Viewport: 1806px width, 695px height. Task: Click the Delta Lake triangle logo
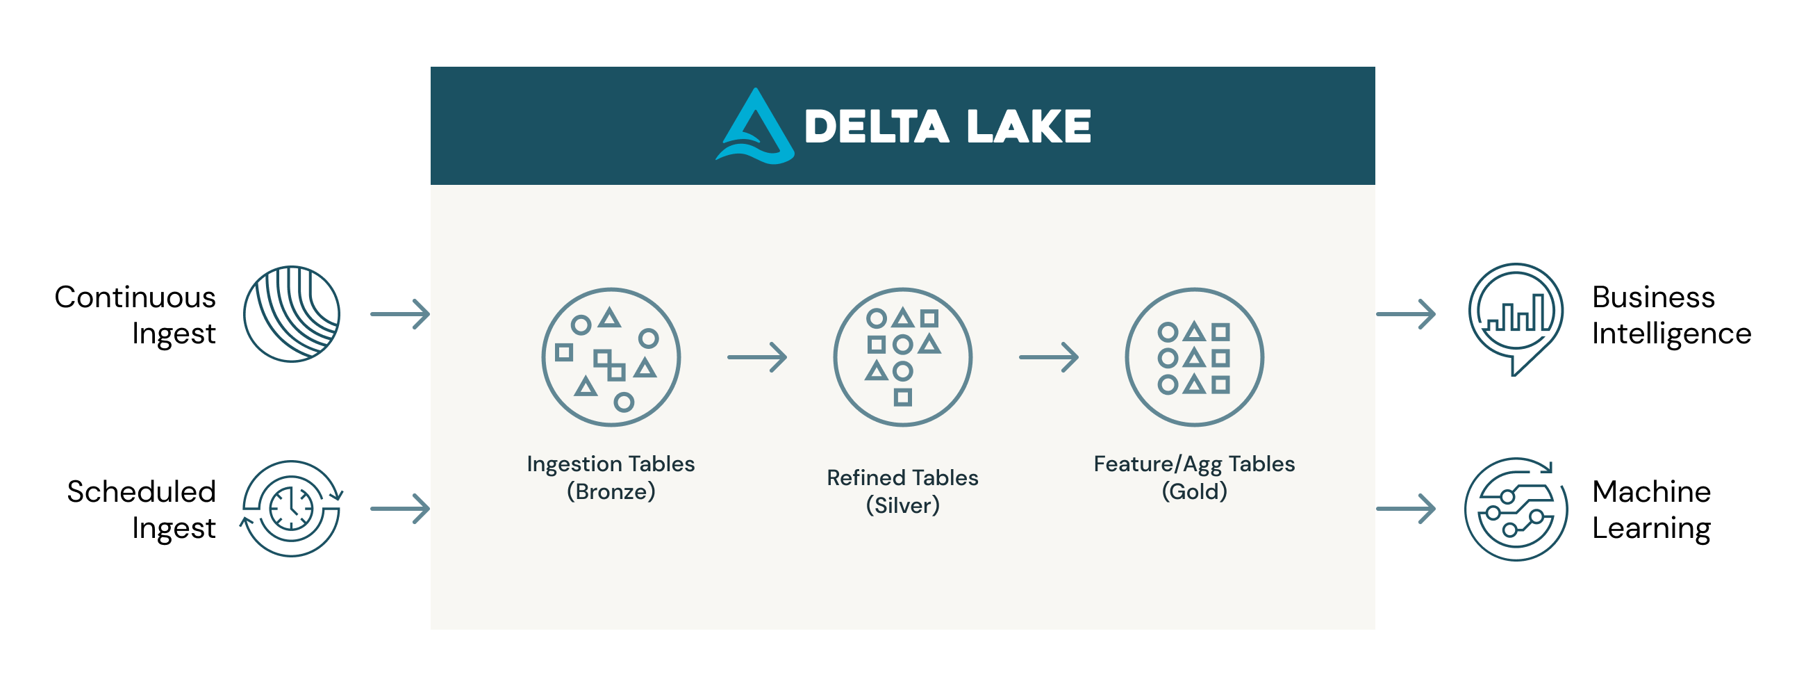click(755, 128)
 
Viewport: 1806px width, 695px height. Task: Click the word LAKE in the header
click(1029, 127)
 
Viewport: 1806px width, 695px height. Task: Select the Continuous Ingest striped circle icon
click(292, 314)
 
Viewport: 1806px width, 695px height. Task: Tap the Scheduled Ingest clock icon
click(292, 509)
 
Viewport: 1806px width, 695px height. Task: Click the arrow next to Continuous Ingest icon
click(400, 314)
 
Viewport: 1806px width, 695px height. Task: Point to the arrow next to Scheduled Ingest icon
click(400, 509)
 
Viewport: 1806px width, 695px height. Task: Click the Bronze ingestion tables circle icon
click(611, 357)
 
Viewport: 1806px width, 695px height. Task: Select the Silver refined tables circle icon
click(902, 357)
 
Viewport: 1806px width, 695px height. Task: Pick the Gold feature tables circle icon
click(1194, 357)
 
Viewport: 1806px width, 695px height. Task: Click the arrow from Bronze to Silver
click(757, 357)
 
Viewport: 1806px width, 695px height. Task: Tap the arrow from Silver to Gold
click(1049, 357)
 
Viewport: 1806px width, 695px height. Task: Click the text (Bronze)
click(611, 491)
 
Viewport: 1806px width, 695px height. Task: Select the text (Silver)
click(902, 506)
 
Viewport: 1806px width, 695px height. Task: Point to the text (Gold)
click(1194, 491)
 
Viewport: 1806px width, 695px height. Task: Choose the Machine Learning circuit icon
click(1516, 510)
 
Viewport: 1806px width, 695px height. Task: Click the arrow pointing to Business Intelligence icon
click(1406, 314)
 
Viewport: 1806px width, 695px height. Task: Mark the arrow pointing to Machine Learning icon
click(1406, 509)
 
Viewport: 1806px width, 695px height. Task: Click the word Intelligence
click(1671, 334)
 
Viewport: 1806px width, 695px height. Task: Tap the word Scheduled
click(141, 491)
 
